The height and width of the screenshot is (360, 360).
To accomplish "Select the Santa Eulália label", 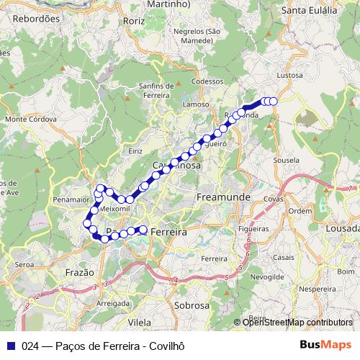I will pyautogui.click(x=310, y=10).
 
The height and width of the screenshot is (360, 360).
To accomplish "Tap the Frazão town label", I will pyautogui.click(x=79, y=273).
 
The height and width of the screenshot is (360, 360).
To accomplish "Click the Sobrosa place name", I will pyautogui.click(x=192, y=305).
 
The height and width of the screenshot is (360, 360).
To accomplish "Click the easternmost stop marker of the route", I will pyautogui.click(x=274, y=102).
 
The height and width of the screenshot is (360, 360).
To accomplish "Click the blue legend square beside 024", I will pyautogui.click(x=11, y=346).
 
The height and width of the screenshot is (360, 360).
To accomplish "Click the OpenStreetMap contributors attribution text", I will pyautogui.click(x=297, y=323).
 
